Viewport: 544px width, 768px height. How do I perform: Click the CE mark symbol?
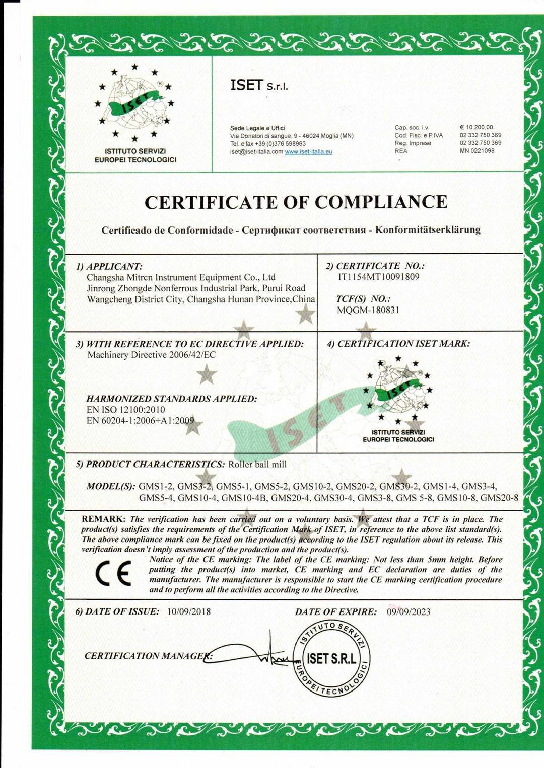coord(113,574)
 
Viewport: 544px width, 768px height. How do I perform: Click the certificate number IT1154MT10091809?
coord(379,277)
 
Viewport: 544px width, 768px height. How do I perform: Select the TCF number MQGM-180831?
coord(368,310)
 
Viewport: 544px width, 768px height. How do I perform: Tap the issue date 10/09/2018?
coord(189,612)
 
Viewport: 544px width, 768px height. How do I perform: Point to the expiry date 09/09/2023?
coord(409,612)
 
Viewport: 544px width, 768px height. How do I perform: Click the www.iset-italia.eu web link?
coord(308,152)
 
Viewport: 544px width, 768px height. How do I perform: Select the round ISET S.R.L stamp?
coord(331,659)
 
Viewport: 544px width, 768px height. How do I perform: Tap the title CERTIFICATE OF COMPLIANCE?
coord(296,202)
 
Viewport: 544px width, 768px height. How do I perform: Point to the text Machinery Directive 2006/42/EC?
coord(152,355)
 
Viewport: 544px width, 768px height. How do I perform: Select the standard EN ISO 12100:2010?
coord(125,410)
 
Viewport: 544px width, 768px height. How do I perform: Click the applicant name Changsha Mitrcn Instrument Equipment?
coord(181,277)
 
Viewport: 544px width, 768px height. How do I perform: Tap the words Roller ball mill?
coord(257,465)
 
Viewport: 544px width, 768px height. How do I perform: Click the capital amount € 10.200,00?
coord(476,128)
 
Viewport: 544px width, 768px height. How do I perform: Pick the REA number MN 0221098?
coord(477,151)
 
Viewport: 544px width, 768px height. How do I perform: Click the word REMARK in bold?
coord(103,519)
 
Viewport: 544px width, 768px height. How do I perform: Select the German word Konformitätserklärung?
coord(428,230)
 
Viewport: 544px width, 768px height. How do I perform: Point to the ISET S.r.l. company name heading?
coord(259,86)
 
